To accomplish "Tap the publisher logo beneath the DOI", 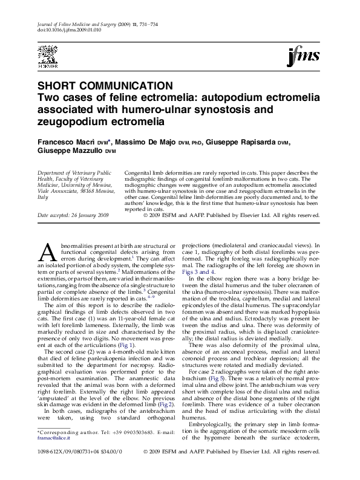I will coord(48,53).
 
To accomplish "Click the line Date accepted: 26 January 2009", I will coord(73,215).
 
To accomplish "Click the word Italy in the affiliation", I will coord(43,197).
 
